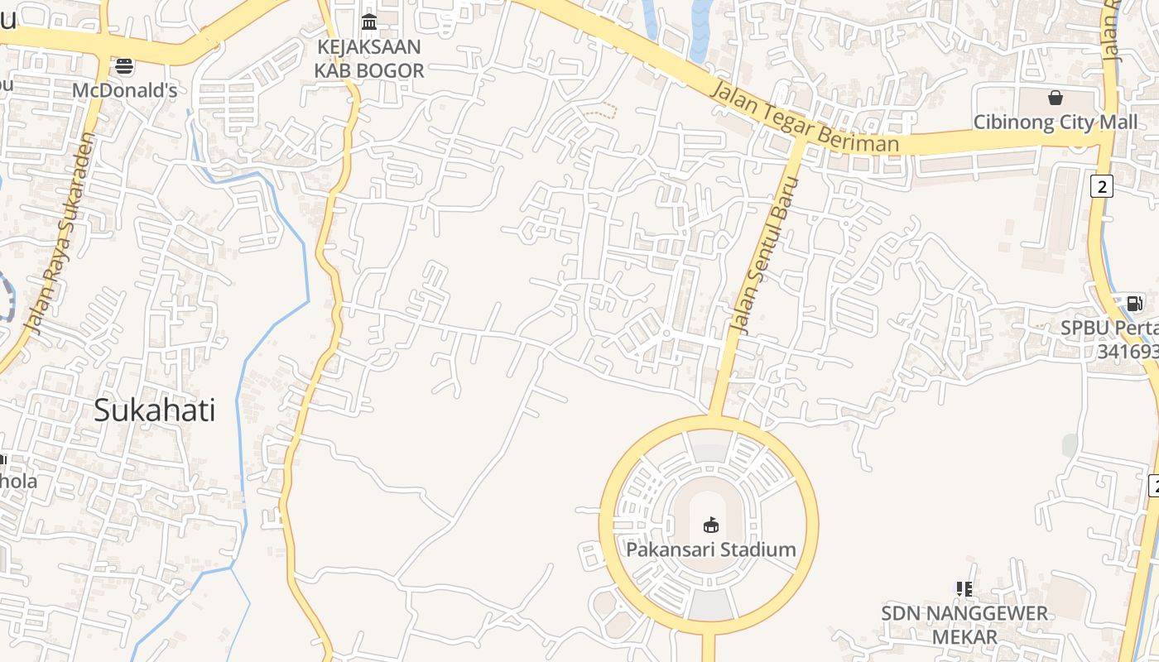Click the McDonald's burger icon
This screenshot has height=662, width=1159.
[124, 65]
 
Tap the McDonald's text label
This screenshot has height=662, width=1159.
[124, 90]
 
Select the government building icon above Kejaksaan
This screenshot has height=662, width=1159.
[369, 21]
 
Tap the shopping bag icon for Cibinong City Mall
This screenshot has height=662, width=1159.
[1056, 98]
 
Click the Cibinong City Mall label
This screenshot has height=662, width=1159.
[1056, 122]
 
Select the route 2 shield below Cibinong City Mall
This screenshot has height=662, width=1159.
[1101, 186]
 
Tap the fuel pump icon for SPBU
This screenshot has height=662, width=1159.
[1134, 303]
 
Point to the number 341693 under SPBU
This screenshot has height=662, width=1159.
[1128, 352]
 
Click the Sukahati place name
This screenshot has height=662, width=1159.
[154, 410]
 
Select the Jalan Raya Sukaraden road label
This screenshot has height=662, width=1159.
[60, 233]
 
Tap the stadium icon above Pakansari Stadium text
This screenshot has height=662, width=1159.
[710, 525]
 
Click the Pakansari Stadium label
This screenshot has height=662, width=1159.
[710, 549]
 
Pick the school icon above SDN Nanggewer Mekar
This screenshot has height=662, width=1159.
[964, 589]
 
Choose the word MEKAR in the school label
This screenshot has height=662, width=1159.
[964, 637]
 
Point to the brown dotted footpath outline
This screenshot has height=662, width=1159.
[601, 110]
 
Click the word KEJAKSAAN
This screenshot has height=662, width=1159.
[369, 46]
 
